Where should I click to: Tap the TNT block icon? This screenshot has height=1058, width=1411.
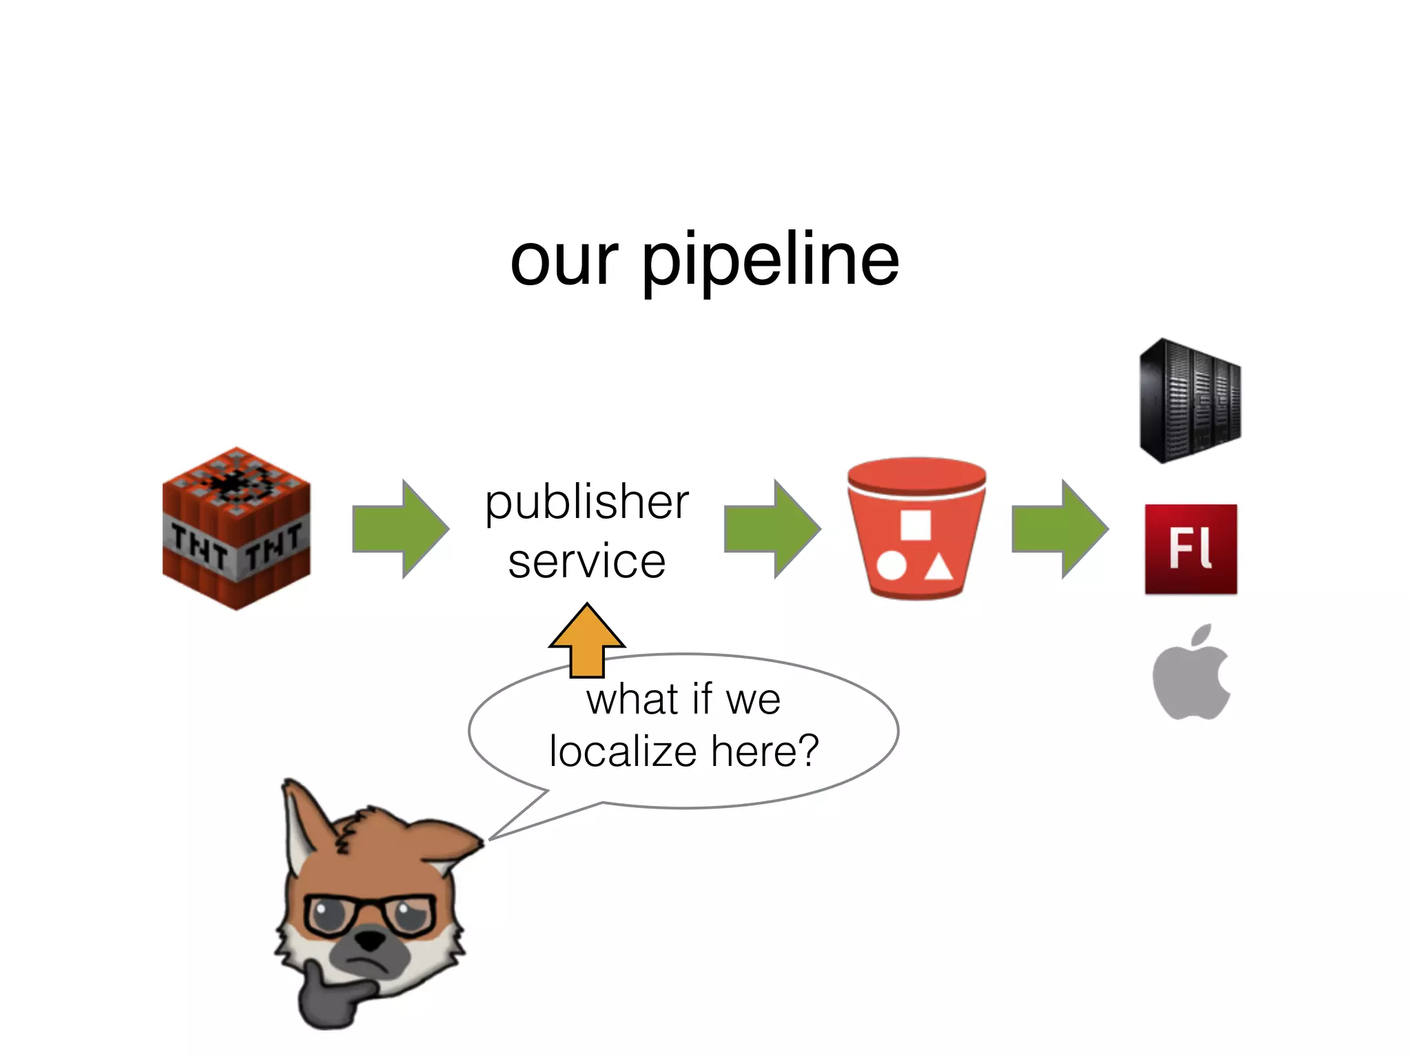click(x=236, y=528)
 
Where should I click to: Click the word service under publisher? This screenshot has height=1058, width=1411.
click(x=587, y=561)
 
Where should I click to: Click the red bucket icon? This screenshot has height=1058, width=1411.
click(x=916, y=528)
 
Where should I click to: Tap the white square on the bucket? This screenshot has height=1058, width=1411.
click(x=916, y=526)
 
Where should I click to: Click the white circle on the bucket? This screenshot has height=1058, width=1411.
click(x=892, y=566)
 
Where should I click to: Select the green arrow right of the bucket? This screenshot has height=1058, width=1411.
click(x=1060, y=529)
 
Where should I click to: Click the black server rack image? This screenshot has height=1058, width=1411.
click(x=1190, y=401)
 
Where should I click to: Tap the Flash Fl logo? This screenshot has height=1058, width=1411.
click(x=1191, y=549)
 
